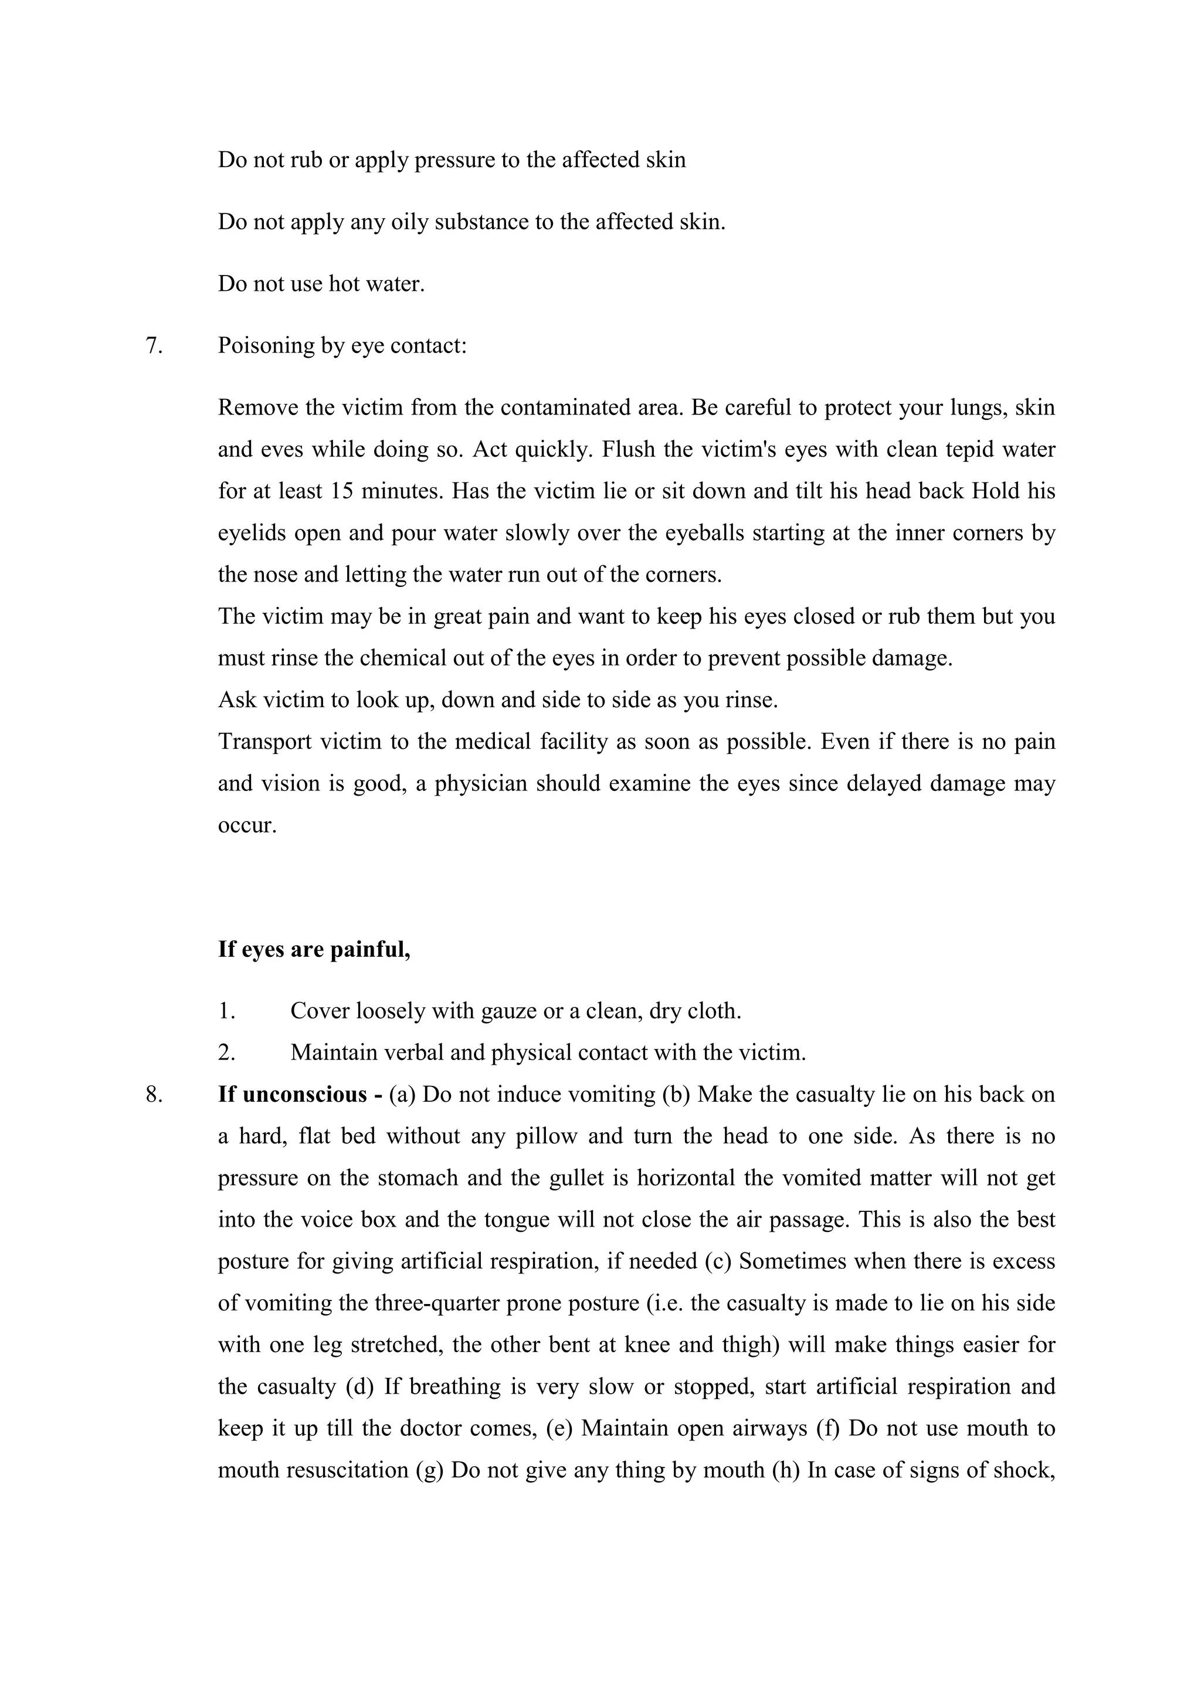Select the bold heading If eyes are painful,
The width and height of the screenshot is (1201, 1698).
click(x=314, y=950)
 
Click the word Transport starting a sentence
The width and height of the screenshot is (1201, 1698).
click(x=264, y=742)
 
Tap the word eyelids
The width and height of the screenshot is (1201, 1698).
click(x=252, y=533)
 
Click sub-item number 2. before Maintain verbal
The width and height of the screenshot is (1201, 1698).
click(x=226, y=1053)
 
